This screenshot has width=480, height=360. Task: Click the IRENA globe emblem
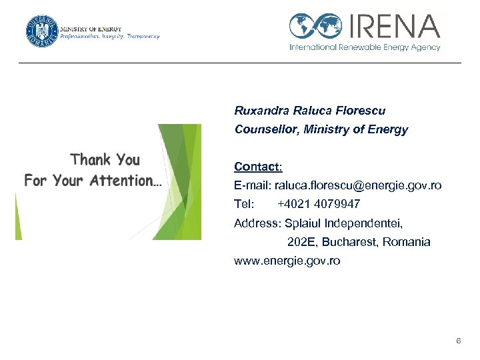tap(315, 26)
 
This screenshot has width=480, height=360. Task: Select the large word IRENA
tap(393, 26)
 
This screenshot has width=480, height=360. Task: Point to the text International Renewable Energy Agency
tap(365, 47)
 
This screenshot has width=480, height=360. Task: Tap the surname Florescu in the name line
tap(361, 111)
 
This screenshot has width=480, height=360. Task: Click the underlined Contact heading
tap(258, 166)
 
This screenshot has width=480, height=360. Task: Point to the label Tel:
tap(244, 204)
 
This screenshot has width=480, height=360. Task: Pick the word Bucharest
tap(353, 242)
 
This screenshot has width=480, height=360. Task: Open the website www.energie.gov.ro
tap(287, 261)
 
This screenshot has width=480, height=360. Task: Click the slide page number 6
tap(458, 341)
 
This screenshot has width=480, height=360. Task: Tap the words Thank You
tap(105, 159)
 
